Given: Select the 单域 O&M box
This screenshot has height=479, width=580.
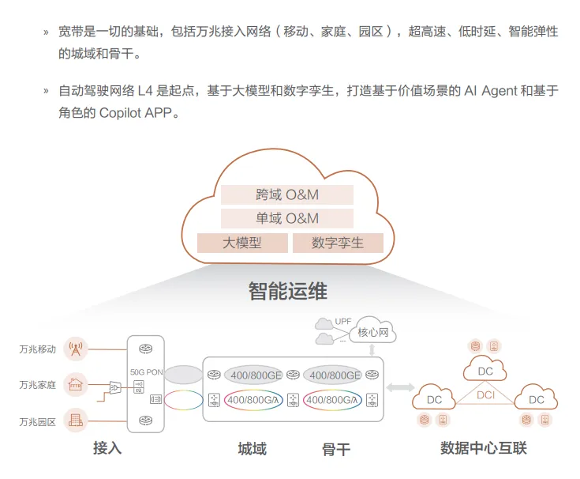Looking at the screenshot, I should [286, 218].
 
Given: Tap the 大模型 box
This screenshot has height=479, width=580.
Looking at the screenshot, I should [241, 243].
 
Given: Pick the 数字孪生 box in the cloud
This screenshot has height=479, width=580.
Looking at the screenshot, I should [338, 243].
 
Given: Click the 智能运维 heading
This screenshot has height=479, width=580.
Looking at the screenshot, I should [287, 291].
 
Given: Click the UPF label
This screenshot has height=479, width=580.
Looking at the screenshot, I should [343, 322].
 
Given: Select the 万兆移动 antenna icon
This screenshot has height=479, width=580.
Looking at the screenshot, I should [76, 349].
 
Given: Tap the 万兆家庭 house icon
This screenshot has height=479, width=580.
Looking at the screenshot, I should [76, 384].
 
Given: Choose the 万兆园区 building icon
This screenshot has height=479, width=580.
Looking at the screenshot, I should [76, 421].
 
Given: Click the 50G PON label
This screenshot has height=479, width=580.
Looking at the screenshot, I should [146, 370].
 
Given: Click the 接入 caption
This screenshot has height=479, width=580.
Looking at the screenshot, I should [107, 448].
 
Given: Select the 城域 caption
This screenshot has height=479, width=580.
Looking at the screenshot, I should [252, 449].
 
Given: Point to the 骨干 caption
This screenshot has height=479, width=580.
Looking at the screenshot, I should [335, 449].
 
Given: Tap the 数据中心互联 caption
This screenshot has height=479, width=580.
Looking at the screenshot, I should [483, 448].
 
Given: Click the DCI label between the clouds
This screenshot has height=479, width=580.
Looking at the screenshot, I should [485, 394].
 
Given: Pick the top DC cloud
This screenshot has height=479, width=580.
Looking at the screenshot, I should [485, 370].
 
